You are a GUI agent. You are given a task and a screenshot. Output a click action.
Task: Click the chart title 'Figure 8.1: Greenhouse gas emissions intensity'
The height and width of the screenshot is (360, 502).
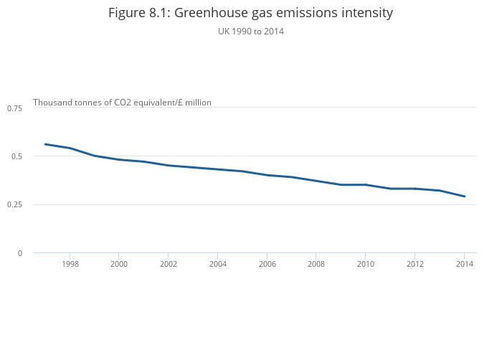250,13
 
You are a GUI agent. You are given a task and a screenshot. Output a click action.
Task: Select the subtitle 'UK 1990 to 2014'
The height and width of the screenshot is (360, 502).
250,31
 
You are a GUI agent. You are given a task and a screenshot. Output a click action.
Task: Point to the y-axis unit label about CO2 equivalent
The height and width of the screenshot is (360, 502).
122,103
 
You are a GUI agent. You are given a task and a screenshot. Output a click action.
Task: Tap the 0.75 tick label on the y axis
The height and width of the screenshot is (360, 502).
14,108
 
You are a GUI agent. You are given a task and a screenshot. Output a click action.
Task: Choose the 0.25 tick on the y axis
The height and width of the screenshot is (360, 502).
14,204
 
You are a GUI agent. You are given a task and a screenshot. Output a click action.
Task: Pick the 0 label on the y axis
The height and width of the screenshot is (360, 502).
19,253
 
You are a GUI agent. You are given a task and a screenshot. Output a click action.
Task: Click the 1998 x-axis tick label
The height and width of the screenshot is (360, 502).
70,264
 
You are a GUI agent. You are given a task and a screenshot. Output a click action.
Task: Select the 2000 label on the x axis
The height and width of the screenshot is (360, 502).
119,264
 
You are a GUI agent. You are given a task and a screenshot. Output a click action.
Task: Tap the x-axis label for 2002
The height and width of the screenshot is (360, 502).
168,264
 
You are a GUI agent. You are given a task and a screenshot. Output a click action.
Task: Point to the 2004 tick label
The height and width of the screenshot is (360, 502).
217,264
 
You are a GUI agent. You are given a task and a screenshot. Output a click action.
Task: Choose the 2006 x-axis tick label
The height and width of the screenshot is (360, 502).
267,264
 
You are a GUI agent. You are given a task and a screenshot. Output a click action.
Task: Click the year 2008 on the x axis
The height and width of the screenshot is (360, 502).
316,264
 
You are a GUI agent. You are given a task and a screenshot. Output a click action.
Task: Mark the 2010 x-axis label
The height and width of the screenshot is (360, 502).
366,264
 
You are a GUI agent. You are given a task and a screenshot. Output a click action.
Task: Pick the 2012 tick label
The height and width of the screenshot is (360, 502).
415,264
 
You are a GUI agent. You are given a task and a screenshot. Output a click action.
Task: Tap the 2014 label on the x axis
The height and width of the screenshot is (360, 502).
464,264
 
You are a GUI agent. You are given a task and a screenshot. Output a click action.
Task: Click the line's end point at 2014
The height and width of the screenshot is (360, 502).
464,196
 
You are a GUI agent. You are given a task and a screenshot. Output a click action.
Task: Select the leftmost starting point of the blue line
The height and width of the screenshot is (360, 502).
45,144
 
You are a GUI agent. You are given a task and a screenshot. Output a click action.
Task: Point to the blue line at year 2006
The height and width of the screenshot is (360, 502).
267,175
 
